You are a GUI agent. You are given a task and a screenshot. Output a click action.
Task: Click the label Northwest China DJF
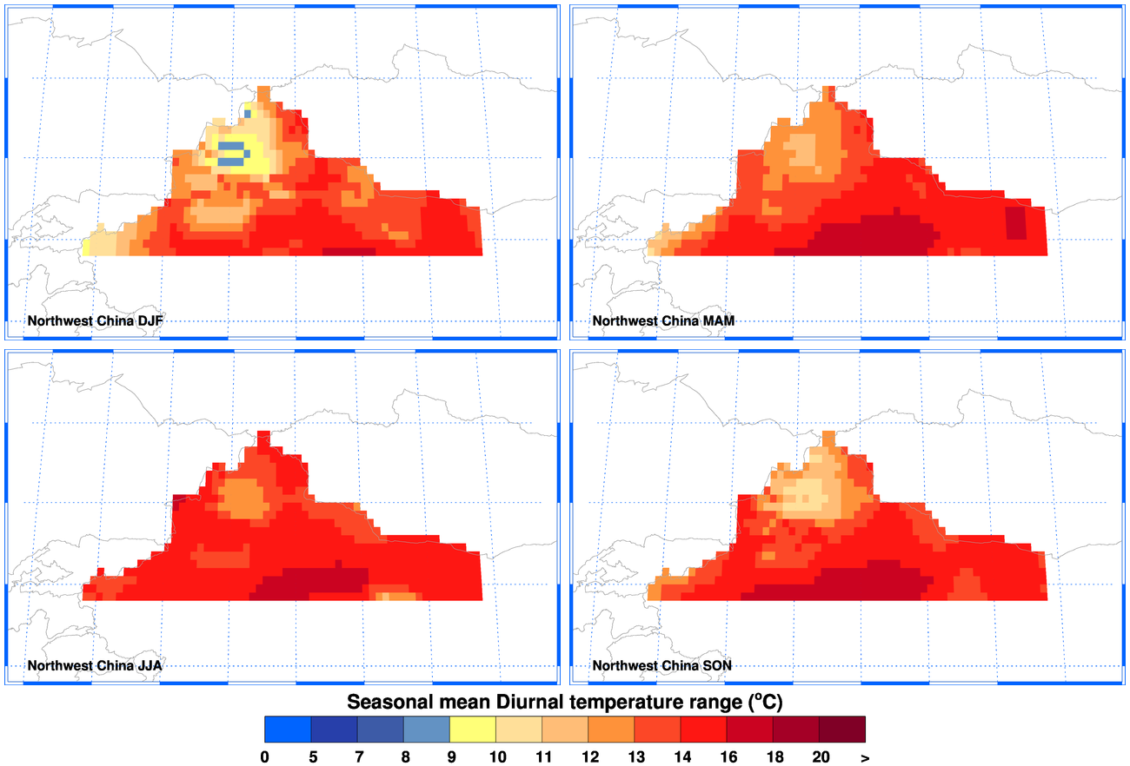pyautogui.click(x=96, y=321)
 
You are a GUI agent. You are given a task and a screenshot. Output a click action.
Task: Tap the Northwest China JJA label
pyautogui.click(x=95, y=666)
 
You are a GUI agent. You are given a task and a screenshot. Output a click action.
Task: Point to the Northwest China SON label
pyautogui.click(x=661, y=666)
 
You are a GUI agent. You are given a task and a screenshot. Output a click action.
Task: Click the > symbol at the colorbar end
pyautogui.click(x=865, y=757)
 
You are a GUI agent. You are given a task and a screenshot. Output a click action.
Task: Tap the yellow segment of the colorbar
pyautogui.click(x=473, y=729)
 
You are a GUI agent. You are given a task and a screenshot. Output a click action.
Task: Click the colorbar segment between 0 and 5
pyautogui.click(x=288, y=729)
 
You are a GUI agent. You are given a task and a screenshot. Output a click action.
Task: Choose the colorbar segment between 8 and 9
pyautogui.click(x=427, y=729)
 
